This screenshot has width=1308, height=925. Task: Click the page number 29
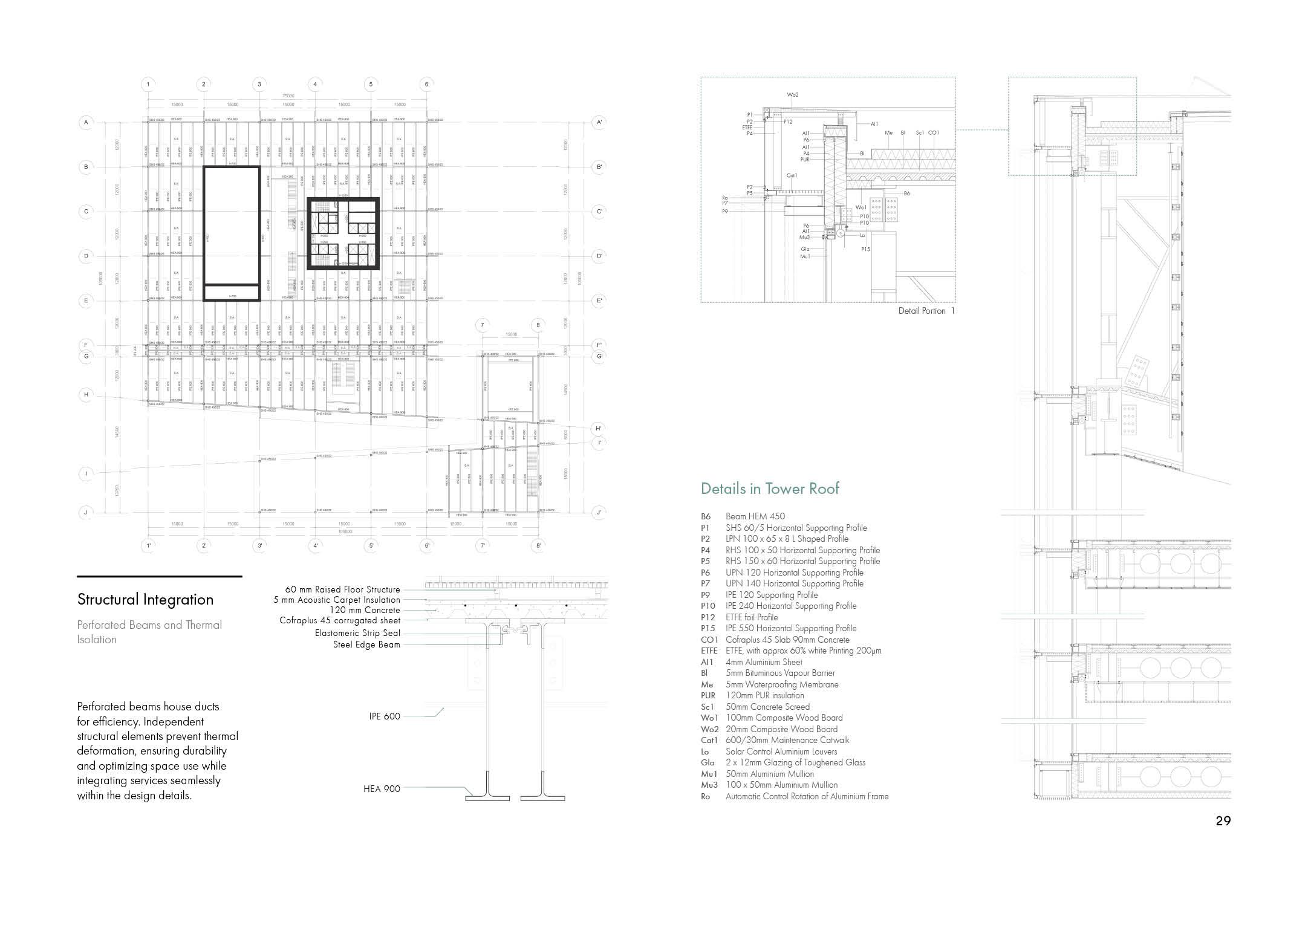click(1223, 820)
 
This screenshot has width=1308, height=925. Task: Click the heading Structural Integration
click(145, 599)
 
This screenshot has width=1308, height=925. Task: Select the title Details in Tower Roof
click(770, 488)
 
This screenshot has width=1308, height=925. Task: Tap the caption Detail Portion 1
click(926, 311)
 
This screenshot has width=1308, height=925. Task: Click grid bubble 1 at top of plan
click(148, 84)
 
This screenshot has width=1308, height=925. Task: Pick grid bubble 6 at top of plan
click(426, 84)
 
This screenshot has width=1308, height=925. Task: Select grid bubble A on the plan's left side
click(86, 122)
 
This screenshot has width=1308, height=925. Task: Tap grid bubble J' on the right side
click(599, 513)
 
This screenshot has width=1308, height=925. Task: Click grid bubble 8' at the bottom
click(538, 545)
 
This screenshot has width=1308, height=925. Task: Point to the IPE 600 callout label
click(385, 716)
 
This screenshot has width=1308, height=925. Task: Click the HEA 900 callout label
click(382, 788)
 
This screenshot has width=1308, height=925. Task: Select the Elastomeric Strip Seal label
click(357, 633)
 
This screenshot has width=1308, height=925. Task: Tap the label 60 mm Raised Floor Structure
click(342, 589)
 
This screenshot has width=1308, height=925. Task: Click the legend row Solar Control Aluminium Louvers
click(781, 751)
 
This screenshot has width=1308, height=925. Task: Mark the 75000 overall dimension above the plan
click(288, 96)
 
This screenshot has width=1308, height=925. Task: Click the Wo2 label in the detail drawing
click(793, 95)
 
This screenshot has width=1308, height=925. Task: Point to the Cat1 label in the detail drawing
click(792, 175)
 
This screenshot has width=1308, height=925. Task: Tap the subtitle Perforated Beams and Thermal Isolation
click(149, 632)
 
